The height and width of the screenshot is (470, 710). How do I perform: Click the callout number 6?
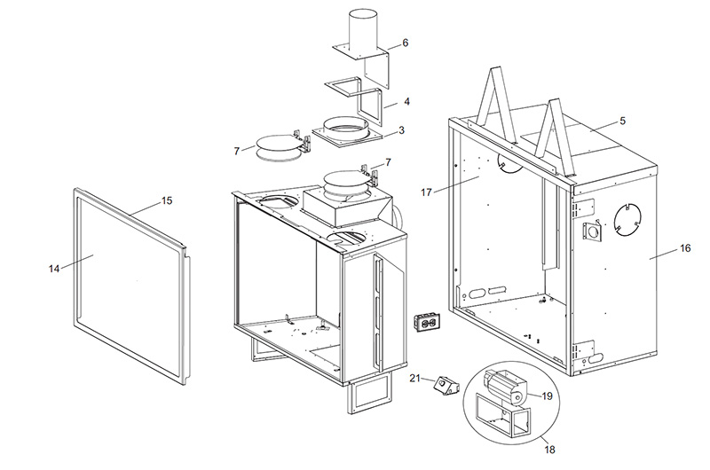(404, 42)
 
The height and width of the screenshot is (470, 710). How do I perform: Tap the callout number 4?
(406, 103)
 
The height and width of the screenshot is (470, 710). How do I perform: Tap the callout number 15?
(166, 200)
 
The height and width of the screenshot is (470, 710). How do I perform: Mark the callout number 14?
(55, 267)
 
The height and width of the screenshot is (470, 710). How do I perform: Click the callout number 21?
(414, 379)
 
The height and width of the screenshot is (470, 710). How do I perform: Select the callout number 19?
(547, 396)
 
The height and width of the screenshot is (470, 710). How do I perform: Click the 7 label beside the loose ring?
(237, 152)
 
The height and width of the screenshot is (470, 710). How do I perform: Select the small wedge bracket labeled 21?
(442, 385)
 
